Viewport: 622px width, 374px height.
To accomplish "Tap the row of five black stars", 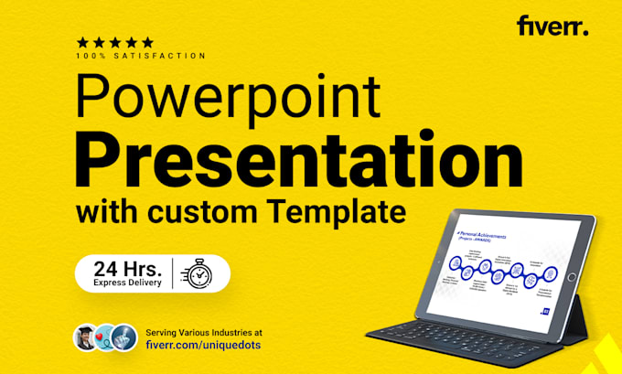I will tap(114, 42).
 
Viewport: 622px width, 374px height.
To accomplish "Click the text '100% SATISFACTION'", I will tap(141, 56).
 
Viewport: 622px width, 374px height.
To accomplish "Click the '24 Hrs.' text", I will tap(128, 267).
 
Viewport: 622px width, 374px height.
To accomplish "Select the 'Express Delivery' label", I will tap(128, 283).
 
